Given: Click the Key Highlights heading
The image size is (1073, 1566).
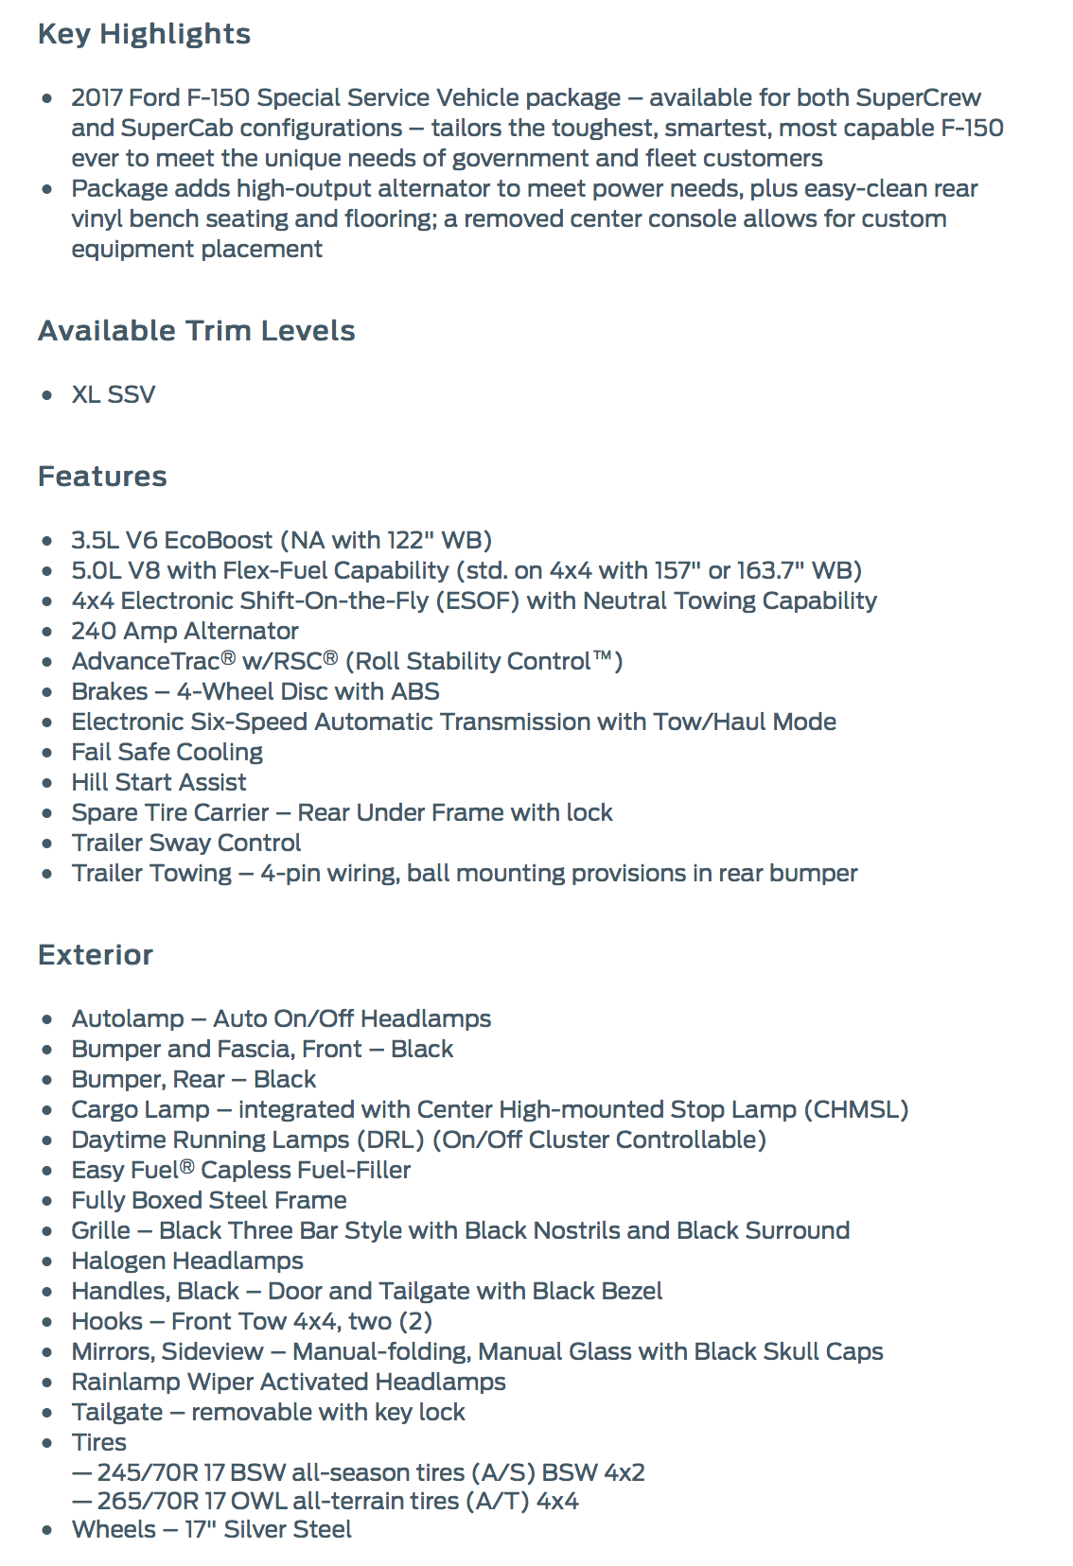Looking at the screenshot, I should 144,34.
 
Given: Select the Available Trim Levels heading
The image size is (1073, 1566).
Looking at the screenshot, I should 196,331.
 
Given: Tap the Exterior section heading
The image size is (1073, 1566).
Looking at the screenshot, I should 95,955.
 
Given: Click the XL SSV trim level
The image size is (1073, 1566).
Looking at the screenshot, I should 113,394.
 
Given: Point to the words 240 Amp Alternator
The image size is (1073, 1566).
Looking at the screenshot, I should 185,631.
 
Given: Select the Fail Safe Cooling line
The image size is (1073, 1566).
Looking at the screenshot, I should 167,752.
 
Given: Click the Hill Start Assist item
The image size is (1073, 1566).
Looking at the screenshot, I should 158,782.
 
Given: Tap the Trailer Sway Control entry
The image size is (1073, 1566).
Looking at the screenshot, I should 185,843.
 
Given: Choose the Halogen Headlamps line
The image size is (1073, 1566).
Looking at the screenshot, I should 186,1261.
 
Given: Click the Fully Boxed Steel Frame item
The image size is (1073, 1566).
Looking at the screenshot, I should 208,1200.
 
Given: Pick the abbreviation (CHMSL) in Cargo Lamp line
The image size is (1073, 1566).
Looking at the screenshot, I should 855,1109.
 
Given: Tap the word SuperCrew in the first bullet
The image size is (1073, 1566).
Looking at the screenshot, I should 918,97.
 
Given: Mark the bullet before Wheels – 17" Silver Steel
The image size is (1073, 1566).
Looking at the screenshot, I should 47,1530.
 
